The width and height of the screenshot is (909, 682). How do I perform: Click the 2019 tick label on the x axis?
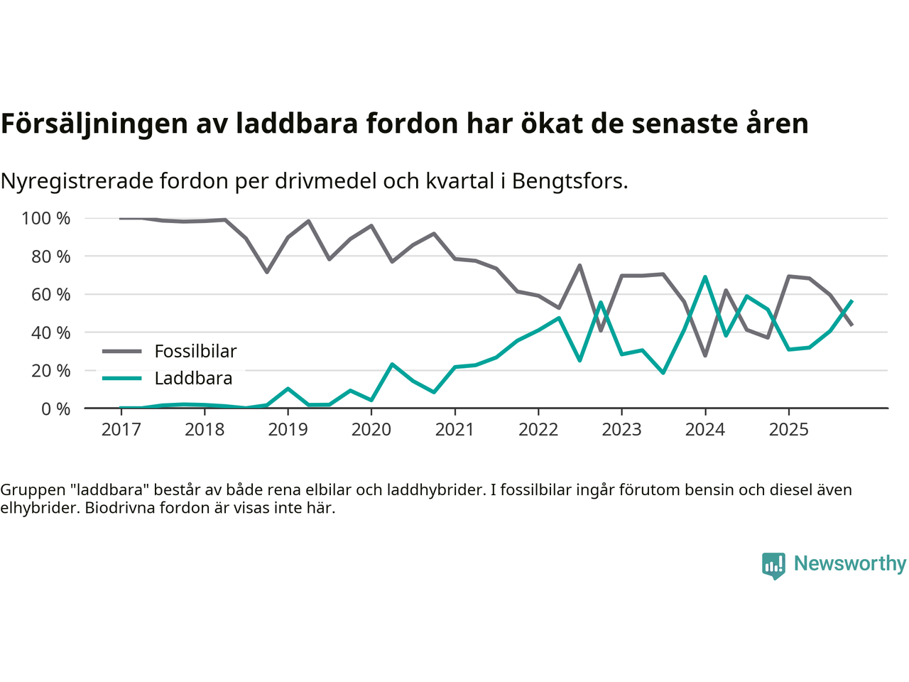[x=288, y=430]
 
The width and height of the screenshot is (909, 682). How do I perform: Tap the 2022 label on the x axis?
[x=538, y=430]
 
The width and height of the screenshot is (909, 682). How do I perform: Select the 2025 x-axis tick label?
[x=788, y=430]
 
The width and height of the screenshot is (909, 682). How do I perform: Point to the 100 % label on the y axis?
[x=46, y=219]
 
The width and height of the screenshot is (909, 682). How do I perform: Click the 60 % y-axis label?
[x=50, y=295]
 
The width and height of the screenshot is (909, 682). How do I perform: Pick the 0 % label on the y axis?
[x=55, y=409]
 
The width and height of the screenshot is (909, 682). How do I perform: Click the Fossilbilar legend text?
[x=195, y=351]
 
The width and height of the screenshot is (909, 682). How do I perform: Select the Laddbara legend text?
[x=193, y=378]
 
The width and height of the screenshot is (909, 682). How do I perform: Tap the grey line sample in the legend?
[x=122, y=351]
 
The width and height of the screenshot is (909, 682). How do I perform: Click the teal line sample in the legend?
[x=122, y=378]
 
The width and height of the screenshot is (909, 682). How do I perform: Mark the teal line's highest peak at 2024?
[x=705, y=277]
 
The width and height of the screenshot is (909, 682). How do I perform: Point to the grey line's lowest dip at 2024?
[x=705, y=355]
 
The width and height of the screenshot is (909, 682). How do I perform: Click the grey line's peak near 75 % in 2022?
[x=579, y=266]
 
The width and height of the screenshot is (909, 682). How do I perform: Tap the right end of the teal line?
[x=851, y=301]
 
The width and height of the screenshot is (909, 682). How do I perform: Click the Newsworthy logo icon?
[x=773, y=565]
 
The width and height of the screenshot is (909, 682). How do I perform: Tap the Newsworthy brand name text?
[x=849, y=563]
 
